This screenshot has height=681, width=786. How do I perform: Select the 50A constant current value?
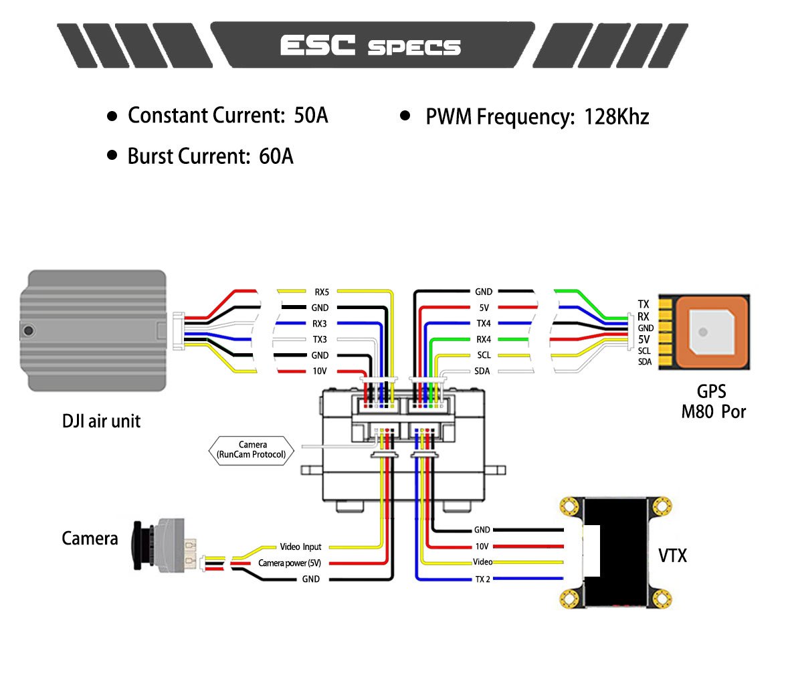click(311, 116)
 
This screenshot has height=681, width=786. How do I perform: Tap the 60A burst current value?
click(276, 157)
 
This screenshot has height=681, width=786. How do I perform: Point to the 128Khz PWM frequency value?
click(616, 117)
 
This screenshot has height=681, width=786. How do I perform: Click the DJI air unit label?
click(101, 421)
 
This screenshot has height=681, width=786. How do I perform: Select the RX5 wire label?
click(321, 292)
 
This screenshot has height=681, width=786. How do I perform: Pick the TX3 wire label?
click(319, 340)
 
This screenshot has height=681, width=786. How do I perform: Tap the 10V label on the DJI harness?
click(320, 372)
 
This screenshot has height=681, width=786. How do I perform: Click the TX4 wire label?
click(483, 324)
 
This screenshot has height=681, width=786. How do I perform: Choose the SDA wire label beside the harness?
click(482, 372)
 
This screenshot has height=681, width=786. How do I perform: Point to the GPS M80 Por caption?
click(712, 401)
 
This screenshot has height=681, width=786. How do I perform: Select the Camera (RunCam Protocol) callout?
click(252, 450)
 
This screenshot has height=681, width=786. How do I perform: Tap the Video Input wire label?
click(300, 547)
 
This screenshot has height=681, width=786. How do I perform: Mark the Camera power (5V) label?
click(290, 563)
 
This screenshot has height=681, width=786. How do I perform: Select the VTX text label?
click(672, 555)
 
